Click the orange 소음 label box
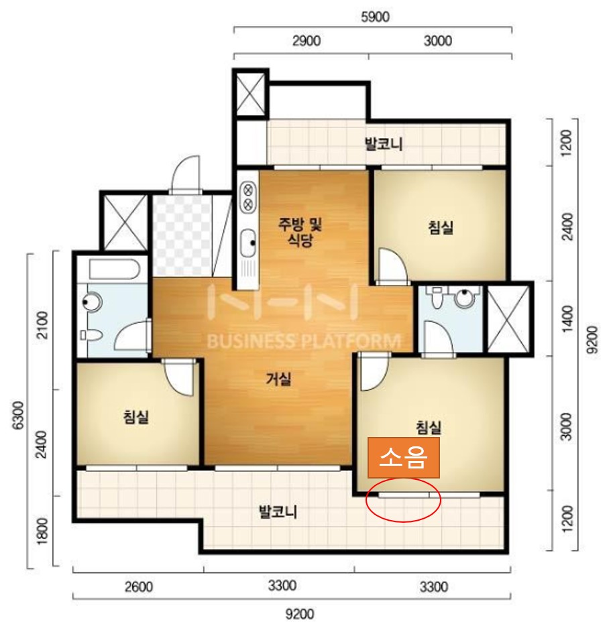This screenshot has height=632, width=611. click(x=403, y=458)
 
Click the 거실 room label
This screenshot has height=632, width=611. click(x=278, y=379)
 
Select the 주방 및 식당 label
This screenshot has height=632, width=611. click(x=300, y=232)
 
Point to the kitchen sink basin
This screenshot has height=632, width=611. click(x=247, y=243)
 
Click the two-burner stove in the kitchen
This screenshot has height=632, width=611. click(x=248, y=196)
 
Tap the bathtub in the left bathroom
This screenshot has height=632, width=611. click(x=115, y=269)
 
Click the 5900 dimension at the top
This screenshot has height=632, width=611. click(x=375, y=17)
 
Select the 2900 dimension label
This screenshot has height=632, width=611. click(x=307, y=41)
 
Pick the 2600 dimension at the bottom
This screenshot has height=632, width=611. click(x=138, y=586)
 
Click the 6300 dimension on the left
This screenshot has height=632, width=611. click(x=18, y=415)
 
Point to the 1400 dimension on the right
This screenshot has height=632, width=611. click(x=567, y=318)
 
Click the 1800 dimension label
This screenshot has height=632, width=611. click(x=42, y=531)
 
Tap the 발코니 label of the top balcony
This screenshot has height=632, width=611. click(x=384, y=144)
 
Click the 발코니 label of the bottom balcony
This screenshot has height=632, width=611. click(x=278, y=512)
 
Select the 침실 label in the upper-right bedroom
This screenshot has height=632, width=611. click(x=441, y=227)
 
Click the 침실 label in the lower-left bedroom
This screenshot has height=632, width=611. click(x=136, y=416)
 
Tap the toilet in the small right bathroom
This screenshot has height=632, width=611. click(x=436, y=298)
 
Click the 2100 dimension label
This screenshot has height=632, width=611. click(x=42, y=325)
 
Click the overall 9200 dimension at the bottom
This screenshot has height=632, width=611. click(x=300, y=615)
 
